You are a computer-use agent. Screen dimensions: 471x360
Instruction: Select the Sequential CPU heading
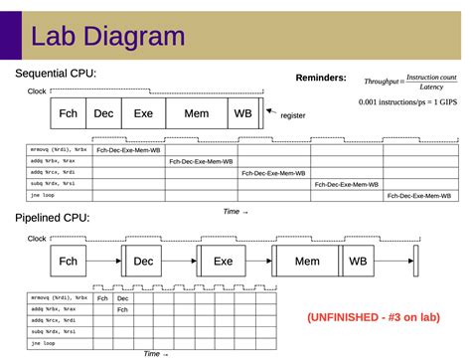coord(56,74)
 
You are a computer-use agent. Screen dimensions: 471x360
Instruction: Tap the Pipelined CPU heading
coord(52,218)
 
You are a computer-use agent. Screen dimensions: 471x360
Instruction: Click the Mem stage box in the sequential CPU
coord(197,113)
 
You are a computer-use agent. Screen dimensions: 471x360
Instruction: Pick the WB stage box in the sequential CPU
coord(243,113)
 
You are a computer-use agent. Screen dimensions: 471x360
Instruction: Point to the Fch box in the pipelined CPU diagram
coord(68,261)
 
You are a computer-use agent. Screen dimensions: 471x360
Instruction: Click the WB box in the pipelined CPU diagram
coord(357,261)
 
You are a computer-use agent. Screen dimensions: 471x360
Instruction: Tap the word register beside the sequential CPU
coord(293,115)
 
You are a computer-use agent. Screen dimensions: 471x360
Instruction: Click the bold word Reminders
coord(321,78)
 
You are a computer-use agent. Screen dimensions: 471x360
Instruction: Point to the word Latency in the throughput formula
coord(431,87)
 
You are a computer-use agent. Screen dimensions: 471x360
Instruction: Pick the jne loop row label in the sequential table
coord(45,196)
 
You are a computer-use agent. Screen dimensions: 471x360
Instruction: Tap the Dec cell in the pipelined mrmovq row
coord(122,298)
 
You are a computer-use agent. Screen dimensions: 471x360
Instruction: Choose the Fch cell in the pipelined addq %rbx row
coord(122,309)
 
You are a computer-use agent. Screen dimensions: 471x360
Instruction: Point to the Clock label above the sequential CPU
coord(37,91)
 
